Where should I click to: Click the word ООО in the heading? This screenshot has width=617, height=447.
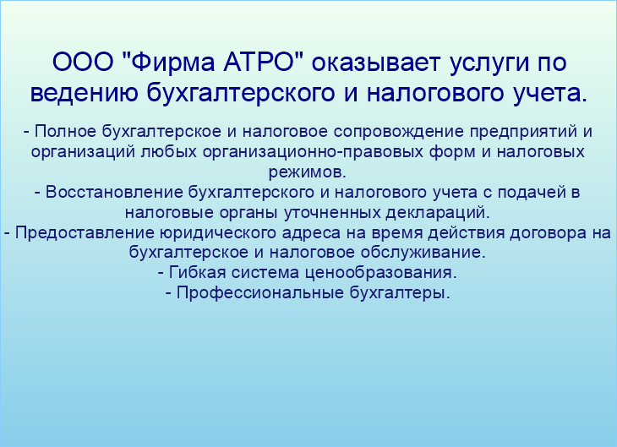(x=83, y=63)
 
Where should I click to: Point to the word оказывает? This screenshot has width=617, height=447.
(x=375, y=63)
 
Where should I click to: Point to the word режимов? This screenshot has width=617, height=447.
(x=308, y=172)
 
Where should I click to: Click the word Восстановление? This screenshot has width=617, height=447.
(x=114, y=192)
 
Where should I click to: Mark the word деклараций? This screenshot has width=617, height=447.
(x=438, y=213)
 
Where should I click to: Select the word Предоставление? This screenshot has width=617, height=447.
(x=85, y=233)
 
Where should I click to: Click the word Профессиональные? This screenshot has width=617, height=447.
(x=260, y=293)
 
